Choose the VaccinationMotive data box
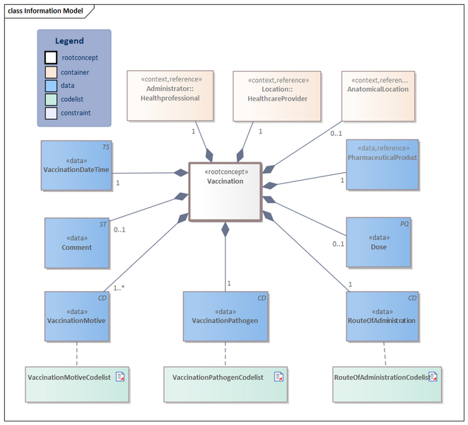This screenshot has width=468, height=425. (x=76, y=316)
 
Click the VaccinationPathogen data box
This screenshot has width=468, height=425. (x=225, y=316)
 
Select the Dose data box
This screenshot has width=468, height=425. (x=378, y=242)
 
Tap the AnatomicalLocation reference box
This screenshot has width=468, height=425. (x=377, y=95)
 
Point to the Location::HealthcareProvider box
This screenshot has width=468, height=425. (x=276, y=95)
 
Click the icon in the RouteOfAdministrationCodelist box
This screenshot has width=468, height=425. (x=433, y=377)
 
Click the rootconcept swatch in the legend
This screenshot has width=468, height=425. (x=51, y=58)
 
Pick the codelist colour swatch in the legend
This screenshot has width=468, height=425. (x=51, y=99)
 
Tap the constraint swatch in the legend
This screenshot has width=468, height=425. (x=51, y=113)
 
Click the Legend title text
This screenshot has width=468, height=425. (x=69, y=41)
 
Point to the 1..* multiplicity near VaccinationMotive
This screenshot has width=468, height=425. (x=119, y=288)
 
